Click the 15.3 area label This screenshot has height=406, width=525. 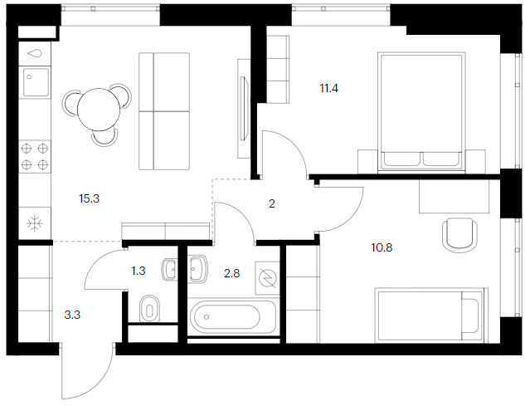(x=89, y=198)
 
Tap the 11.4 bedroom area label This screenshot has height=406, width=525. (x=328, y=89)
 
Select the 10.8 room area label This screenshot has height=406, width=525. (x=382, y=247)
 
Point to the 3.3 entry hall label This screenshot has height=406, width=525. (x=72, y=316)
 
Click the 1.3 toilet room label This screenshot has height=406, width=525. (x=139, y=271)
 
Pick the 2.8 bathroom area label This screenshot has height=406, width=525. (x=231, y=273)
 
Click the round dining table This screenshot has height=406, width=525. (x=99, y=110)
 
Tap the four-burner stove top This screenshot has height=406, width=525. (x=35, y=157)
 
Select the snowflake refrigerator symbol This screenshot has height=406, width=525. (x=35, y=223)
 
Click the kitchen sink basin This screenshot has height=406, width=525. (x=36, y=82)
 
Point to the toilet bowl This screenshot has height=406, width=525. (x=149, y=309)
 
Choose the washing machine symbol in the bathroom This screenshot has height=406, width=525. (x=268, y=278)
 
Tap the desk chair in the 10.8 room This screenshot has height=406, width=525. (x=459, y=235)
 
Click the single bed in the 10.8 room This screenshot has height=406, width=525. (x=431, y=316)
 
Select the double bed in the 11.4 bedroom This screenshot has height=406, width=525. (x=421, y=112)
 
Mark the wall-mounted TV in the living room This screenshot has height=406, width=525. (x=244, y=108)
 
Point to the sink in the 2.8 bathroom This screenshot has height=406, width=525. (x=198, y=268)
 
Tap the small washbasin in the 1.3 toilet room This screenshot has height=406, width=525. (x=170, y=270)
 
